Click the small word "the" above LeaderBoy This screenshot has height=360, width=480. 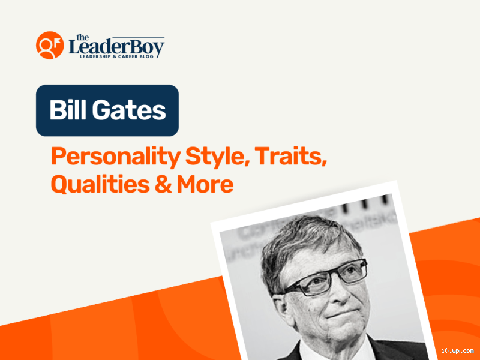[x=81, y=37]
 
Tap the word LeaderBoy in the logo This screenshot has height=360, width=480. [x=116, y=47]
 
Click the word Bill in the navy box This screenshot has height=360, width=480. [x=67, y=111]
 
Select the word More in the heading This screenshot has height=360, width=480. [x=205, y=184]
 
